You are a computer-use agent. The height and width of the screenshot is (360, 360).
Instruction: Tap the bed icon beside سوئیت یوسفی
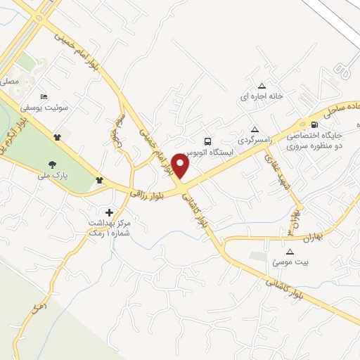(44, 96)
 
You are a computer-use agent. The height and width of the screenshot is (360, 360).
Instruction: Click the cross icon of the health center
(108, 212)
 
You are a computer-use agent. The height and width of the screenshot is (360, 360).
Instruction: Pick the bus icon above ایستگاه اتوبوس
(207, 141)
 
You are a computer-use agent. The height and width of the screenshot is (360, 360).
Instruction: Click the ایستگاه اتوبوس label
(209, 153)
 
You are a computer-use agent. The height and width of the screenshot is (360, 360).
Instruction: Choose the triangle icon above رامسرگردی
(255, 129)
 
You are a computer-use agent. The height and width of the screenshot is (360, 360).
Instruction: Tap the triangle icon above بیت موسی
(290, 251)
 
